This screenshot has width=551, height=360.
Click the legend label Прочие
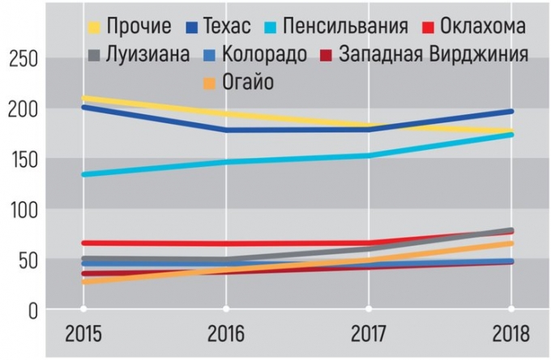click(139, 27)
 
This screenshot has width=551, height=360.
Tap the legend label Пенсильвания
click(349, 27)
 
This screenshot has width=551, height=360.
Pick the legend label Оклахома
click(483, 27)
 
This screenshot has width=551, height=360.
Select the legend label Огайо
click(247, 82)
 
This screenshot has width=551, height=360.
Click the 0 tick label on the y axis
click(32, 311)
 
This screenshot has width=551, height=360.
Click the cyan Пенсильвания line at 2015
click(83, 174)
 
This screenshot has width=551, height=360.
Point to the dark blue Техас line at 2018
click(510, 111)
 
